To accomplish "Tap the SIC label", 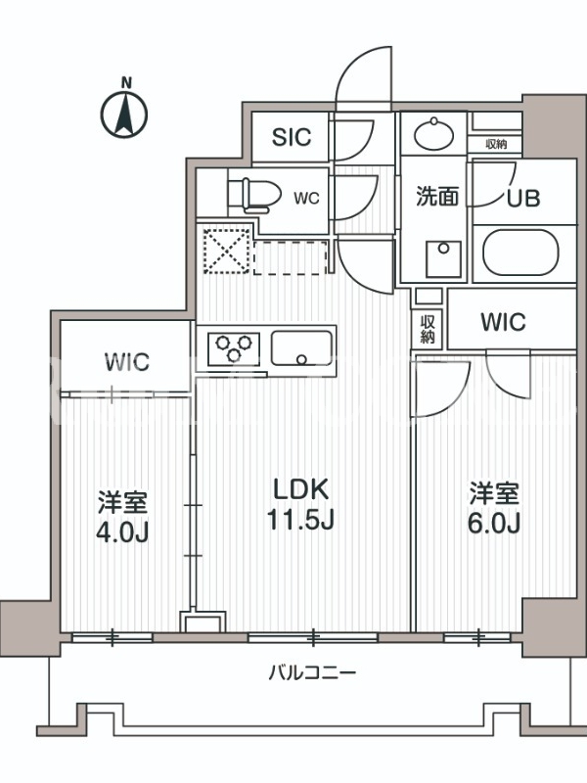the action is [x=292, y=137].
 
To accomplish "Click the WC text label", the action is [x=306, y=199].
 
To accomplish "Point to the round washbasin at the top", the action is [x=433, y=134].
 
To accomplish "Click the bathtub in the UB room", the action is [x=520, y=253].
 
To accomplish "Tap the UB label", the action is [x=523, y=199].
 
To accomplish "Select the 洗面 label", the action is [x=437, y=196].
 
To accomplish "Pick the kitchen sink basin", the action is [x=301, y=348].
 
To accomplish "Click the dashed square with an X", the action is [x=226, y=251].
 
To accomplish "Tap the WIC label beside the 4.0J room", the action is [x=127, y=362].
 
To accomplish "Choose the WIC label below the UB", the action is [x=503, y=322].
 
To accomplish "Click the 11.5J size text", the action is [x=300, y=519].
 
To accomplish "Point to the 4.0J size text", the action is [x=122, y=532].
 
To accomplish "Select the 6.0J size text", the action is [x=494, y=523].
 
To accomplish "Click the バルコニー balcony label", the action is [x=312, y=672].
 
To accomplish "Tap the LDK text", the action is [x=301, y=489].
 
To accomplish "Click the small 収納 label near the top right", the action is [x=496, y=144].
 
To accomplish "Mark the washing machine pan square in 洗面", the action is [x=443, y=259].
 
